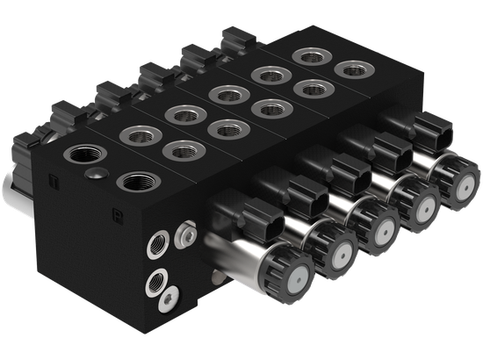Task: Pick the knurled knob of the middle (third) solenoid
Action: click(x=378, y=227)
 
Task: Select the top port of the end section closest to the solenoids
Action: click(x=350, y=68)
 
